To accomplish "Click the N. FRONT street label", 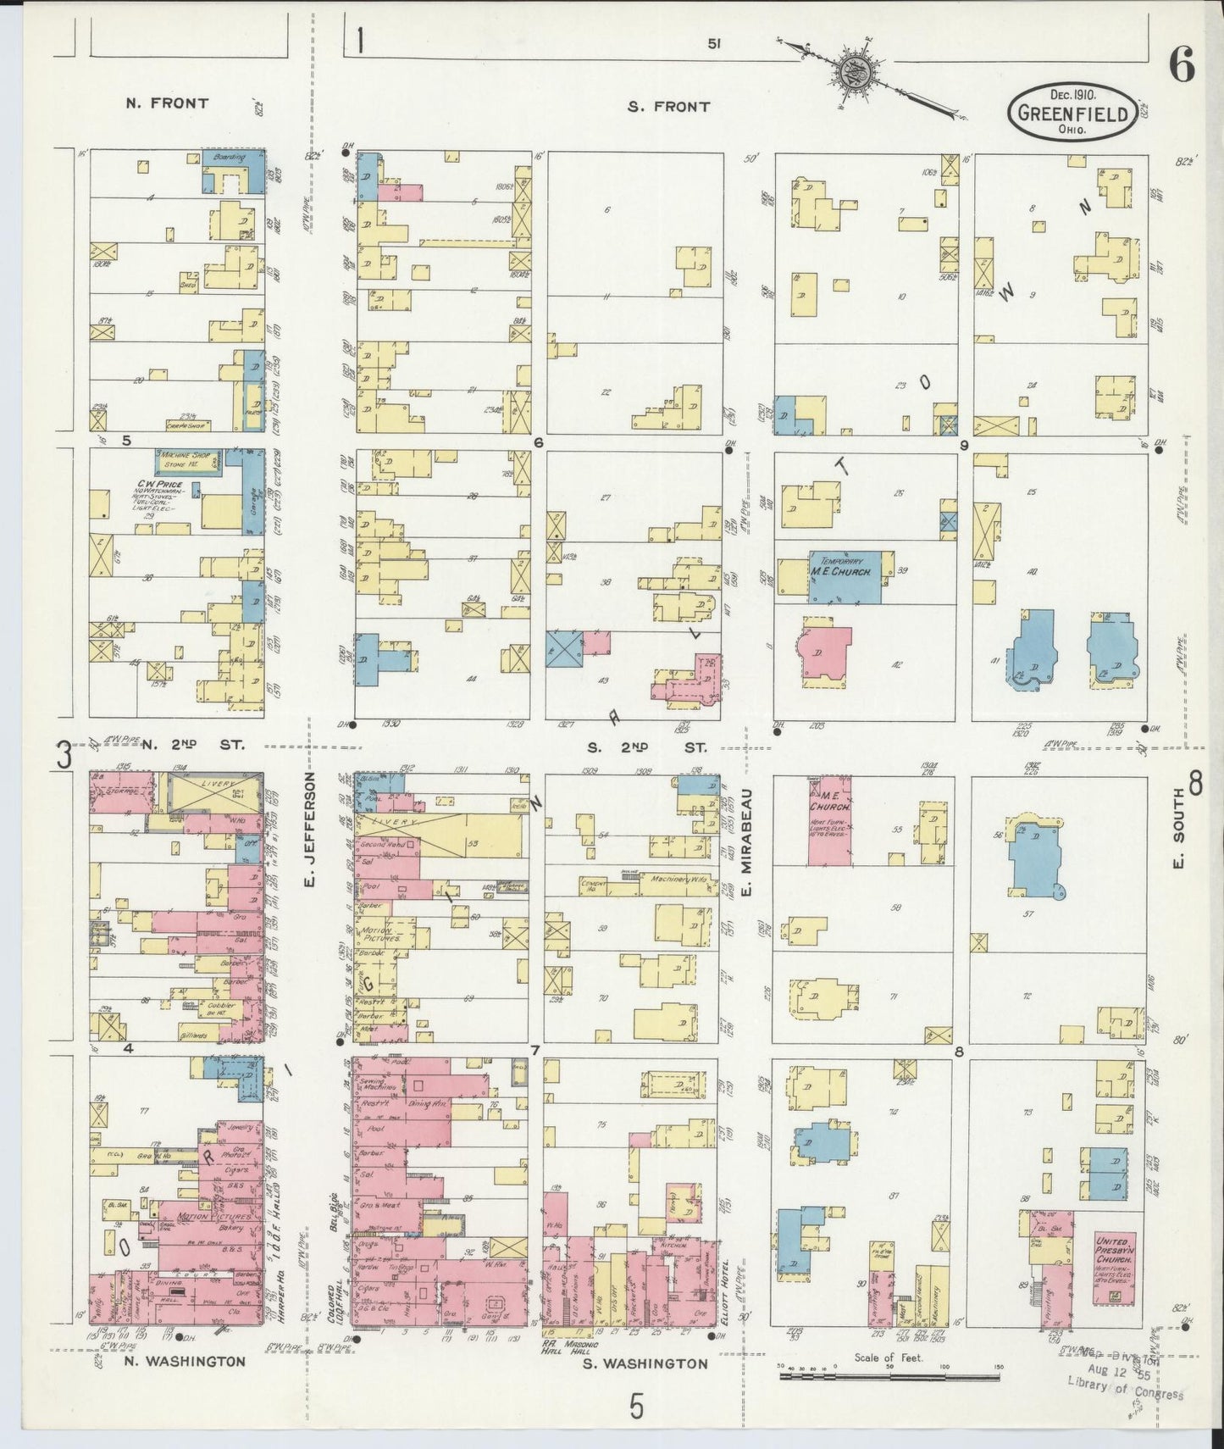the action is pyautogui.click(x=166, y=103).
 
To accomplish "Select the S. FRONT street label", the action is pyautogui.click(x=668, y=107).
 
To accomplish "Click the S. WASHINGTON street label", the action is pyautogui.click(x=645, y=1363).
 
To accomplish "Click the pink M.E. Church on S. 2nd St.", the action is pyautogui.click(x=829, y=820).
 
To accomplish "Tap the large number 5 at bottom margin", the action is pyautogui.click(x=636, y=1407).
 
